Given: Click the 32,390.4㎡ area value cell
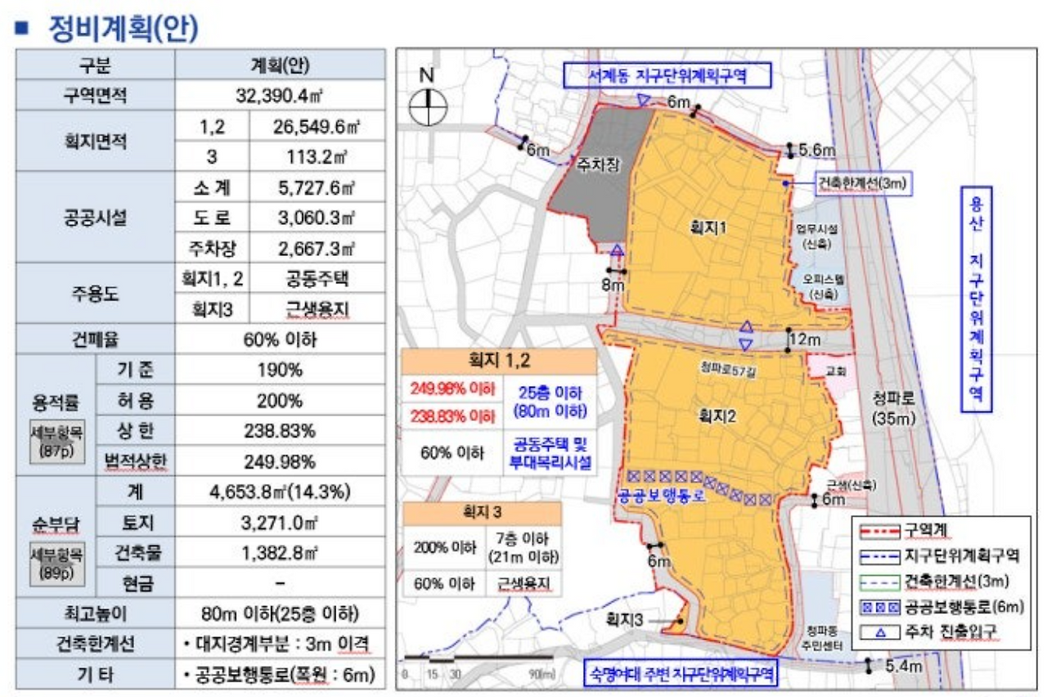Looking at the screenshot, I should (280, 95).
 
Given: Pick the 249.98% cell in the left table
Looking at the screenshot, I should (279, 461).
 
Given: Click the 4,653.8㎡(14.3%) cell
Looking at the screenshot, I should (280, 492).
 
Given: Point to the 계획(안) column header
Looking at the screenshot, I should (280, 65).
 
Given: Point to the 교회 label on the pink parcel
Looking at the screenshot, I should (836, 371).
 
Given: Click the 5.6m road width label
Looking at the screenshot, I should (817, 150).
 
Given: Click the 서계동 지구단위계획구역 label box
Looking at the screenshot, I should (667, 76).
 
